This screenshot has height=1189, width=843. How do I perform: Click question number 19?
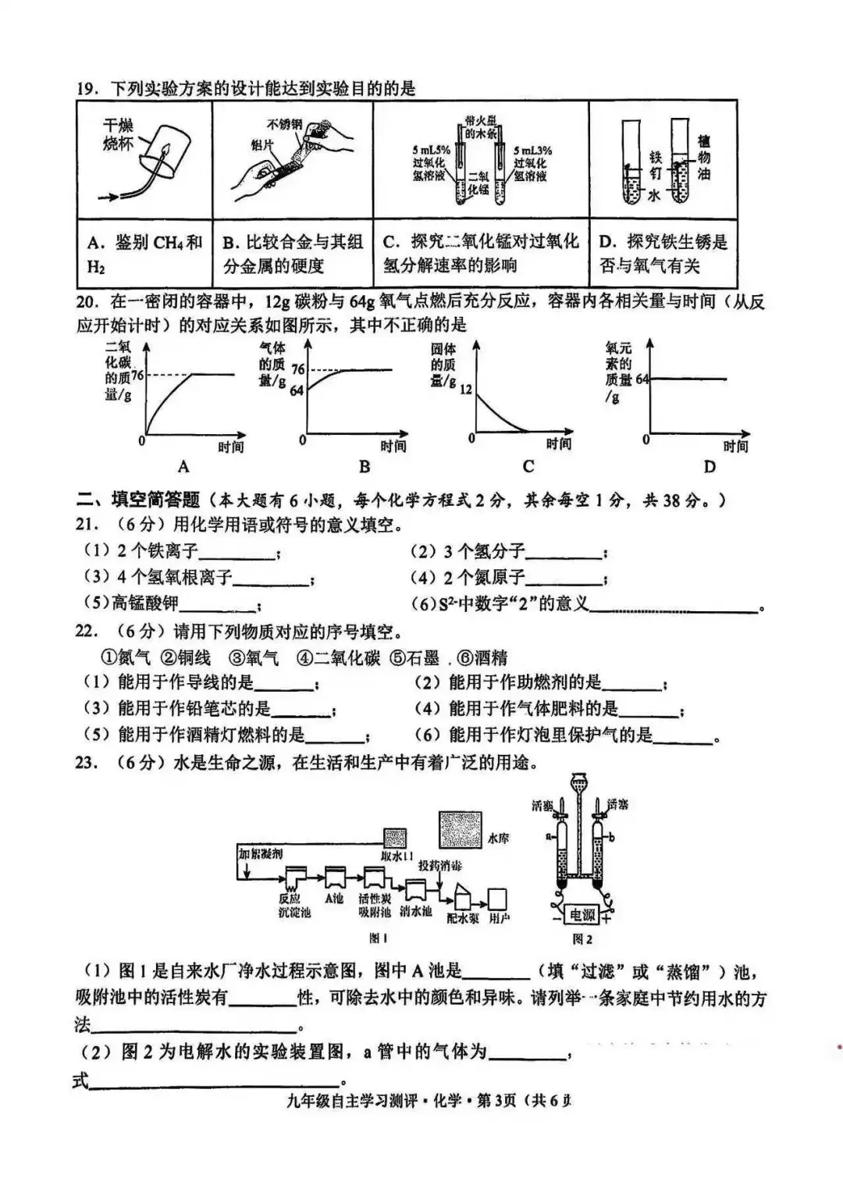pos(85,87)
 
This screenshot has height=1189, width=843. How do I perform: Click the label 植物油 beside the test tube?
pos(704,157)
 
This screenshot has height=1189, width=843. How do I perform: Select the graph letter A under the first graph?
pos(183,466)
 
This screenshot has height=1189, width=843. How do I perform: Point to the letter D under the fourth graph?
pos(709,466)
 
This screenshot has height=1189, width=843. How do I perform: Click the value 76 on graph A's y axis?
pos(138,375)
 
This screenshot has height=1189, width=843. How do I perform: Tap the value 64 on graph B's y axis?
pos(296,390)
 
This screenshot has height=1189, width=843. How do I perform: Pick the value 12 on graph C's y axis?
pos(466,390)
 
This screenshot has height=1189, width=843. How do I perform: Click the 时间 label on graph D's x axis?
pos(735,446)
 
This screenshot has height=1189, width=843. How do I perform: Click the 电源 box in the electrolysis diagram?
pos(582,915)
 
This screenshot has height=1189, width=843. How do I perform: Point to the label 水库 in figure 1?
pos(499,838)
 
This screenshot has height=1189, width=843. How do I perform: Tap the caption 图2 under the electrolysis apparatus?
pos(582,938)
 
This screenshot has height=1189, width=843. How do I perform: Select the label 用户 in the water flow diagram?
pos(499,919)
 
